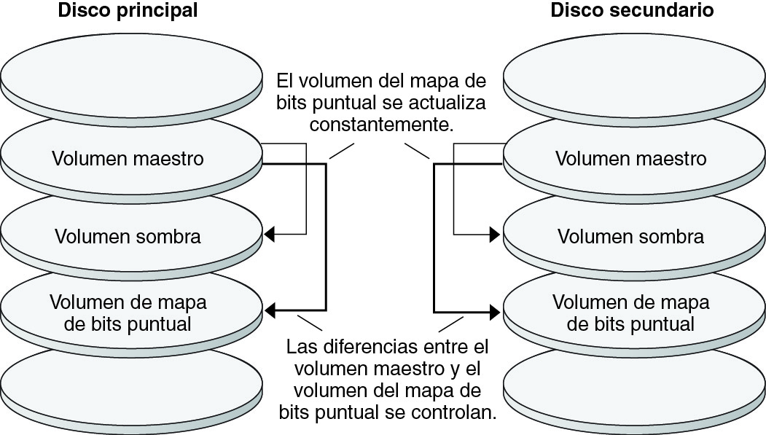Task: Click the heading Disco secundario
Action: (x=631, y=11)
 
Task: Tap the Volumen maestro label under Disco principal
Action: (x=128, y=158)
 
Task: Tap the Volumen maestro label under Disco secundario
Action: (x=631, y=158)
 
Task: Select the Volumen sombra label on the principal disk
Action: (x=128, y=236)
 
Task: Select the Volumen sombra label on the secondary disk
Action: (x=631, y=236)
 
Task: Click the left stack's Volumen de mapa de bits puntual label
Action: (x=128, y=313)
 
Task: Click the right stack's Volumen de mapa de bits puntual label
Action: (x=631, y=313)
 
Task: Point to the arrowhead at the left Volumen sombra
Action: (x=269, y=235)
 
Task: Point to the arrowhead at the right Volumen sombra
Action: (x=495, y=235)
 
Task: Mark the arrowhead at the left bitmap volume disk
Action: (x=269, y=311)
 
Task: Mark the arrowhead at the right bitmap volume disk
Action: (x=495, y=311)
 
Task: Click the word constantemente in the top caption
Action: (x=382, y=125)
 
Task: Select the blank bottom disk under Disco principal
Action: (x=131, y=386)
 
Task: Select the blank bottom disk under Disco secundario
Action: (x=634, y=386)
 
